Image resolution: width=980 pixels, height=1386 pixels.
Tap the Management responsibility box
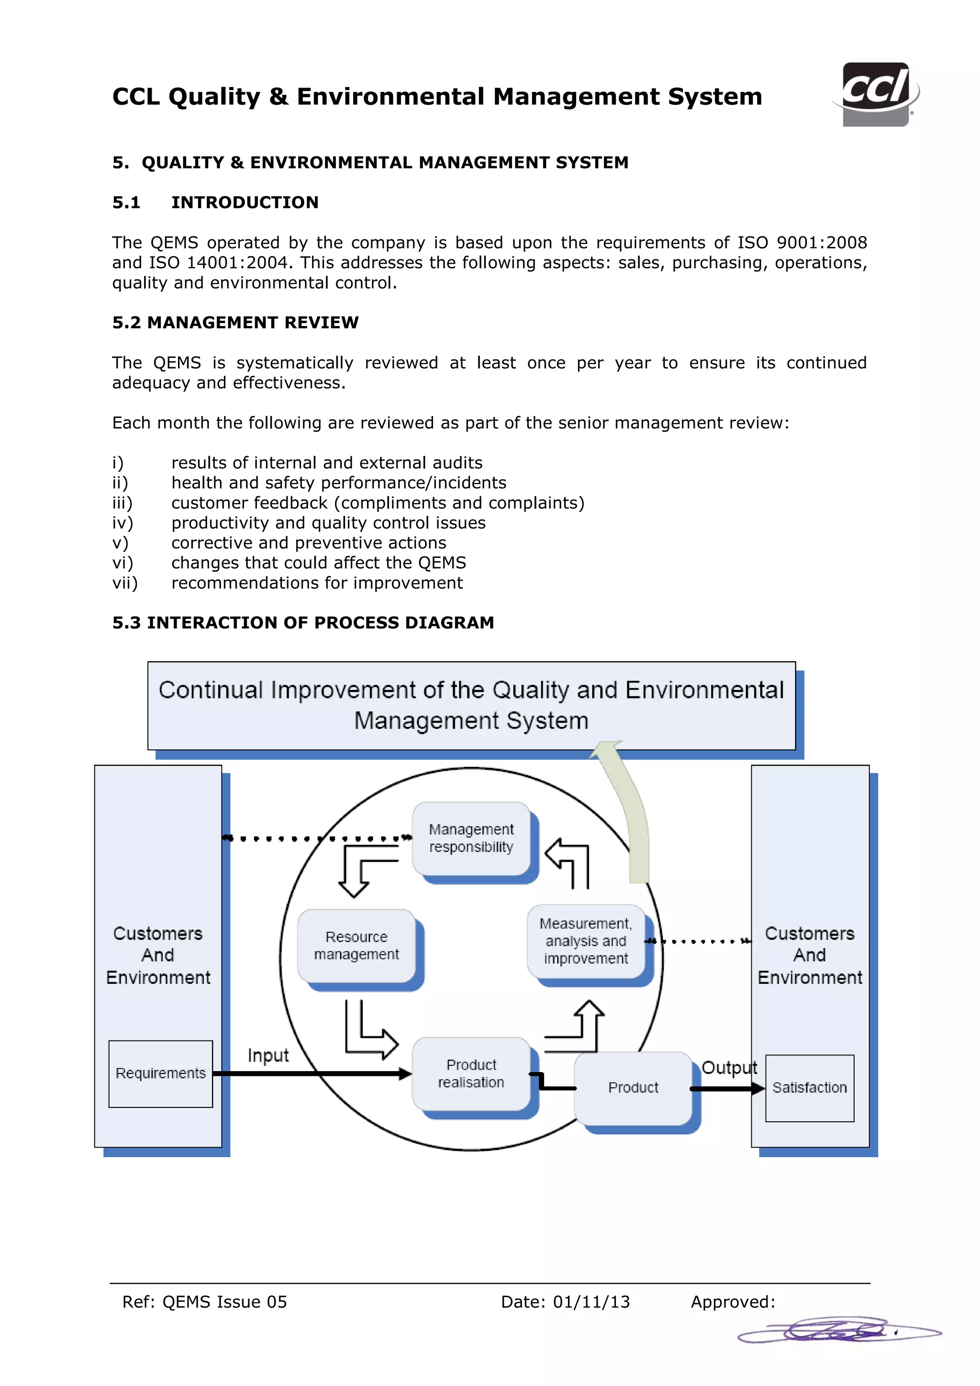click(471, 838)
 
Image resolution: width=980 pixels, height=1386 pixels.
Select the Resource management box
click(356, 945)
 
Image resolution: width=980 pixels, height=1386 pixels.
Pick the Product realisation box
click(471, 1073)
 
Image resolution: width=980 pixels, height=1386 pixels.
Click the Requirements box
click(160, 1073)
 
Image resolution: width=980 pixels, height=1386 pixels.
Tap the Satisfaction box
click(809, 1088)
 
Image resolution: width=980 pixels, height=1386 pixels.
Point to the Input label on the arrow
click(268, 1055)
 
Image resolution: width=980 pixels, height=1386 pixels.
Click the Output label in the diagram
click(728, 1067)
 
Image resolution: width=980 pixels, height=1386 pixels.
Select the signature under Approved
click(839, 1330)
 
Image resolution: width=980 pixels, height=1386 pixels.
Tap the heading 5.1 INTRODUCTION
click(215, 202)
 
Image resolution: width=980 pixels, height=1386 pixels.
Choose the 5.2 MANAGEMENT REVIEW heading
click(235, 323)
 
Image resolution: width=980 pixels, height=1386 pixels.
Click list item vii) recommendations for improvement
click(317, 583)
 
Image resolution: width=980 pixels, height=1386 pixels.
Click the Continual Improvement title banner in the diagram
click(471, 705)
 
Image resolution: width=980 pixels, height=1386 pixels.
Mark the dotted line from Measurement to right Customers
click(700, 941)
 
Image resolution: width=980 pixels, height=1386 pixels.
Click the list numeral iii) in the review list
click(122, 503)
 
